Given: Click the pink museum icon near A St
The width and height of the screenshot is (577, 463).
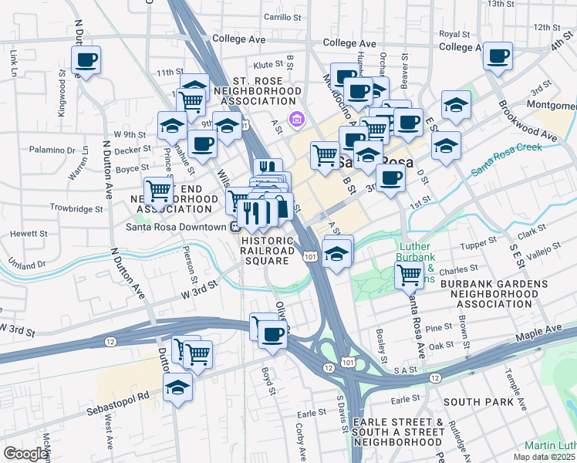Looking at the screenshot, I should click(x=295, y=119).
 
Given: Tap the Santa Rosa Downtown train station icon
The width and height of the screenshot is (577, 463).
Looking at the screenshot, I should click(x=234, y=226).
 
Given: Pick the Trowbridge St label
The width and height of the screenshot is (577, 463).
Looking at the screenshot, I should click(x=76, y=209).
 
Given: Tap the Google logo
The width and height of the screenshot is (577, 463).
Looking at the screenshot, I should click(x=26, y=453).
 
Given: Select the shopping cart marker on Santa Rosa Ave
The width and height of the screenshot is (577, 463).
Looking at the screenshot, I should click(x=408, y=274).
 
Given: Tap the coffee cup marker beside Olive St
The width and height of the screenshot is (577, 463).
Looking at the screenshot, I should click(x=272, y=335).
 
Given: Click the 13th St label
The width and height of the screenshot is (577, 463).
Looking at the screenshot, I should click(x=521, y=5).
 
